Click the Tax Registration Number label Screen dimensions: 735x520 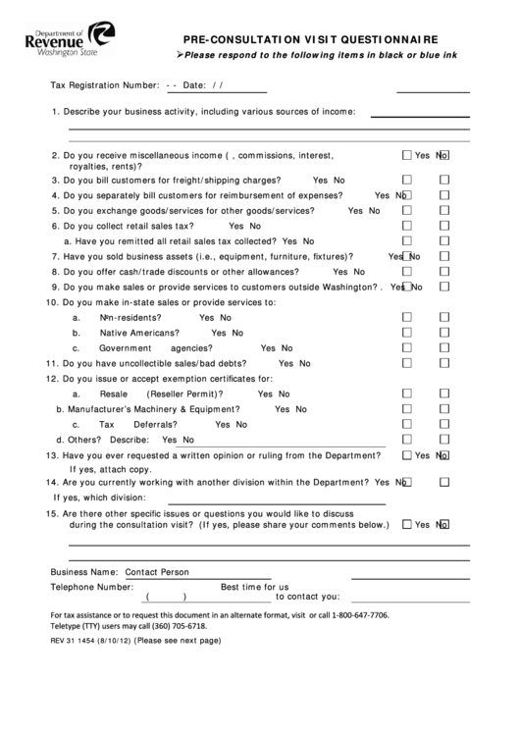coord(105,85)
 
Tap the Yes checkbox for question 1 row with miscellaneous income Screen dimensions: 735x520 coord(406,155)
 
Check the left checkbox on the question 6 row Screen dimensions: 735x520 coord(406,226)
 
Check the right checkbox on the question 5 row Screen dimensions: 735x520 coord(443,211)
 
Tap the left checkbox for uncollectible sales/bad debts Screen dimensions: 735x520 coord(406,363)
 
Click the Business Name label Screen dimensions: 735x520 coord(83,571)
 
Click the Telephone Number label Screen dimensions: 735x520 coord(91,587)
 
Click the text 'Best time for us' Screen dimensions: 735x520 coord(254,587)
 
